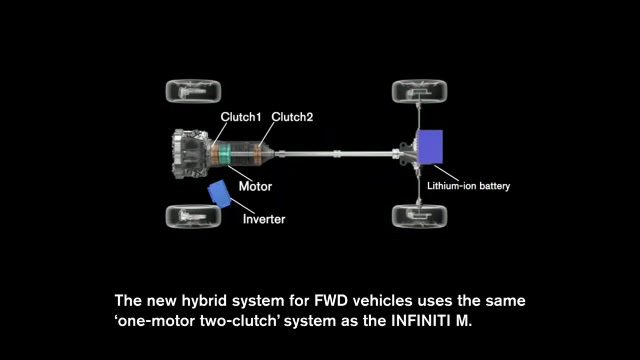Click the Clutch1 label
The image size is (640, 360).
[241, 117]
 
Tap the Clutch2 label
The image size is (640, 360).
[293, 117]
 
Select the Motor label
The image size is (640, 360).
[255, 186]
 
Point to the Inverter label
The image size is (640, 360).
[263, 219]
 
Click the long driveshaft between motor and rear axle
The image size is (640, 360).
[340, 153]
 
